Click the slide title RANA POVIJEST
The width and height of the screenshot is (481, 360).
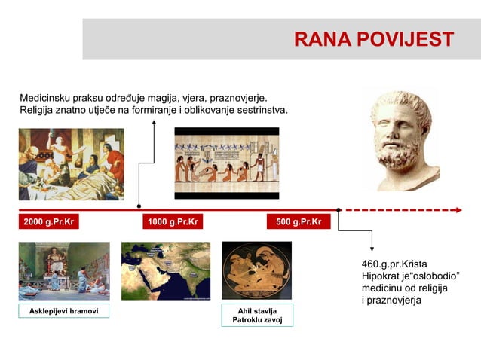[x=374, y=39]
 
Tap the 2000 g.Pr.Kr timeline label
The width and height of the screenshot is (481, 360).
[x=49, y=222]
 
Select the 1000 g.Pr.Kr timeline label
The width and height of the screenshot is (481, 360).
[x=173, y=222]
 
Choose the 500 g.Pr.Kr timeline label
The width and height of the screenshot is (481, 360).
[x=299, y=222]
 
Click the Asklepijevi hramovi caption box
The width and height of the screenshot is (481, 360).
[x=64, y=311]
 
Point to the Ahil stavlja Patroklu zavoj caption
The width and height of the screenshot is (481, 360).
[x=257, y=316]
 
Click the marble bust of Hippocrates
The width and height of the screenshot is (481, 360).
[x=401, y=141]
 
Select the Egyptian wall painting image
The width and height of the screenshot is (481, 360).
[x=227, y=163]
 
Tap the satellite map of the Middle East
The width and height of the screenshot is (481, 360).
[x=166, y=271]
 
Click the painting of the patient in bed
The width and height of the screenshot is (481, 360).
[x=71, y=163]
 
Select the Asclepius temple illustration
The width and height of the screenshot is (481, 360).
[x=64, y=271]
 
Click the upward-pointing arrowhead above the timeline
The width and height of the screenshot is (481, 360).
[x=155, y=122]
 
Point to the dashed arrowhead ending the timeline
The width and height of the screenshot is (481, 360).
[x=458, y=210]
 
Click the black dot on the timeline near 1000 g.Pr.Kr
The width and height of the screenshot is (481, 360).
[x=139, y=206]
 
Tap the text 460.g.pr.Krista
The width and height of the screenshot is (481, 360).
[x=394, y=264]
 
